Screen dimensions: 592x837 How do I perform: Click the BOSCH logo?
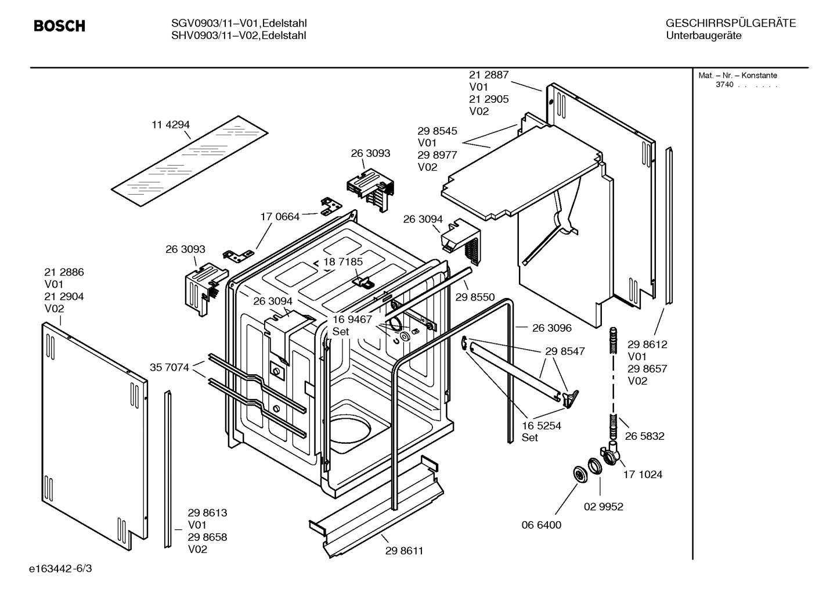(59, 26)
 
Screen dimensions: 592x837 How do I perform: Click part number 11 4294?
(171, 125)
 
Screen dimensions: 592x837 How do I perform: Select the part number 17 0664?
(280, 217)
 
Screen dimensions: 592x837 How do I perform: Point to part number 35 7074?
(169, 367)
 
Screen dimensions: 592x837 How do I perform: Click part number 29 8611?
(404, 551)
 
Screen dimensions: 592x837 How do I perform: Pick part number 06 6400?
(541, 525)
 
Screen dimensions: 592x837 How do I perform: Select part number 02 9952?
(603, 507)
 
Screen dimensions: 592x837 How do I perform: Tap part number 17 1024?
(643, 475)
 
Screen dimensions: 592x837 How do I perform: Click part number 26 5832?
(644, 436)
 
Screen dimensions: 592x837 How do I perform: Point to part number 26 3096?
(551, 328)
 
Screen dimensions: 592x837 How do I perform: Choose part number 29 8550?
(475, 297)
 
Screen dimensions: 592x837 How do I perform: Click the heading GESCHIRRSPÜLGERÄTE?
(730, 24)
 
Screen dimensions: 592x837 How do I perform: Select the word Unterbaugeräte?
(703, 36)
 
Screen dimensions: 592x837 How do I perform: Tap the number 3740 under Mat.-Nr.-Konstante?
(724, 85)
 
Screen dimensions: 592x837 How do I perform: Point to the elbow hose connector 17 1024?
(609, 454)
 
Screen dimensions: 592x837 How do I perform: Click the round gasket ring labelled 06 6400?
(579, 474)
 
